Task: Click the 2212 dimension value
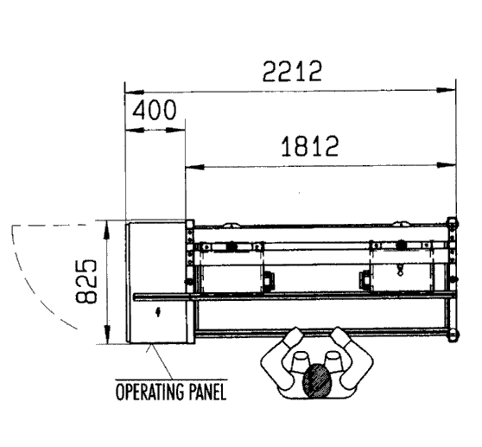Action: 292,72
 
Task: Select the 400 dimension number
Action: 155,110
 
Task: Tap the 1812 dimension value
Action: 310,146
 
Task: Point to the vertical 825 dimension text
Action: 86,282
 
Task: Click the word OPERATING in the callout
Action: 149,392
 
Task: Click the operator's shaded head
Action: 317,380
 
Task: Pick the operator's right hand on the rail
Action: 340,336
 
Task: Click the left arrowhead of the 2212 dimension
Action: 135,92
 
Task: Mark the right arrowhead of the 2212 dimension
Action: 447,90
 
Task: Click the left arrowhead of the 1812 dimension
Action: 195,167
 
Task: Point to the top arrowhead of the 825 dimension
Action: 106,230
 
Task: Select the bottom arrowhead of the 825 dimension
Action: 106,335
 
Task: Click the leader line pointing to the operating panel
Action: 160,361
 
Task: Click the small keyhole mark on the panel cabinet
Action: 158,312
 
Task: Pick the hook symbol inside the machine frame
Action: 400,271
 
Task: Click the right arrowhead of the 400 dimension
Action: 176,131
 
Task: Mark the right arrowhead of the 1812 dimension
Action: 447,165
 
